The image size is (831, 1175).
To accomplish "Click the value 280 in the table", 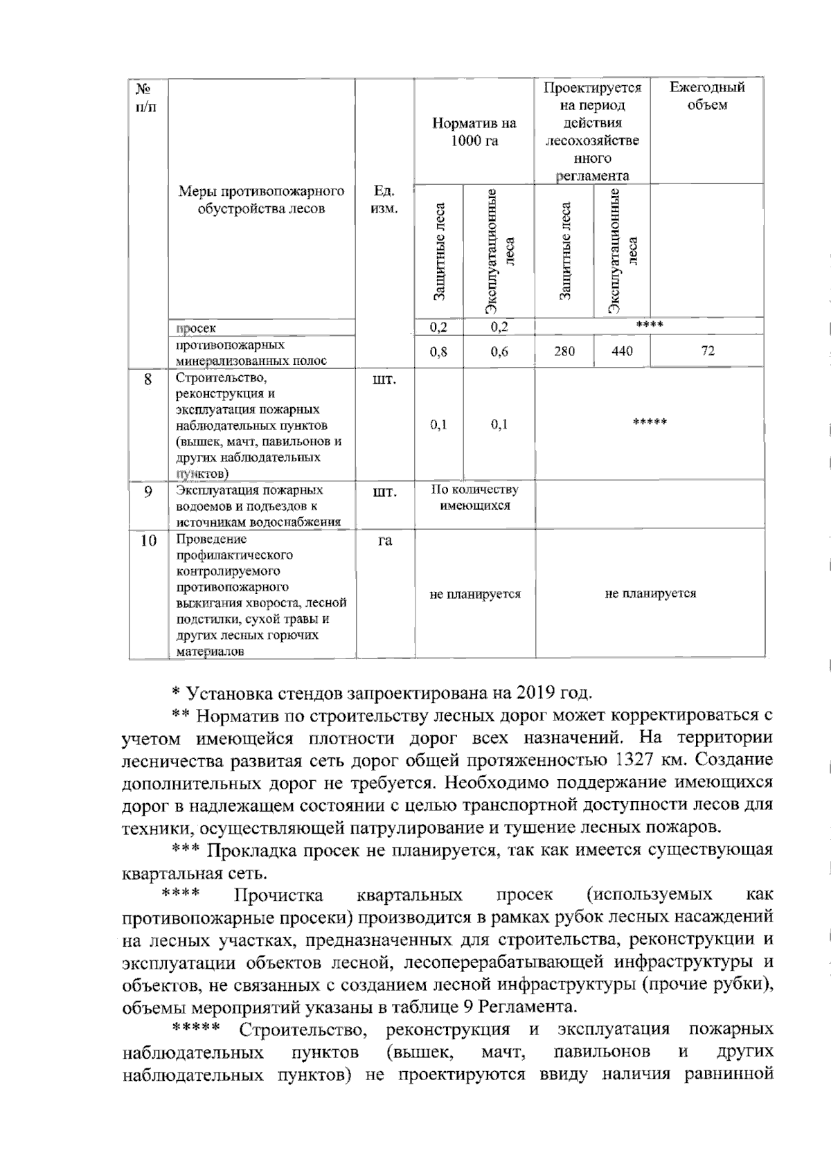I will coord(564,352).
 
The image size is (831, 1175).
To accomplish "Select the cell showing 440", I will coord(622,352).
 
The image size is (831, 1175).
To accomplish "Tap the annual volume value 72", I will coord(707,351).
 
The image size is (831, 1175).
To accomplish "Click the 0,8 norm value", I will coord(438,352).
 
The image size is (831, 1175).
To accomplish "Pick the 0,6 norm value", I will coord(499,352).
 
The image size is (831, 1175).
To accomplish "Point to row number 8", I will coord(148,379).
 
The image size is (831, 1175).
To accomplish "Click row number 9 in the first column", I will coord(148,492).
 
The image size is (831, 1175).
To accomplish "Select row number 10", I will coord(148,541).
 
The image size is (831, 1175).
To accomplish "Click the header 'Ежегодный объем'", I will coord(707,96).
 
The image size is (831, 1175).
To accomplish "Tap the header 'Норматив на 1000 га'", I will coord(474,132).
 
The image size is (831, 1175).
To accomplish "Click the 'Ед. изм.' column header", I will coord(384,199).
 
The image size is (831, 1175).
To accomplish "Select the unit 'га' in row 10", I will coord(384,541).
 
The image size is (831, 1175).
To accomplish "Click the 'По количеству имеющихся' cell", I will coord(475,497).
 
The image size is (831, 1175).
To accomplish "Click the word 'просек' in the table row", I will coord(196,328).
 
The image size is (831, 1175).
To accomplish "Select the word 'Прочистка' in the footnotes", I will coord(278,895).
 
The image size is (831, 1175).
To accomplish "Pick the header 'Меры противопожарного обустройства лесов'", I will coord(261,199).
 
